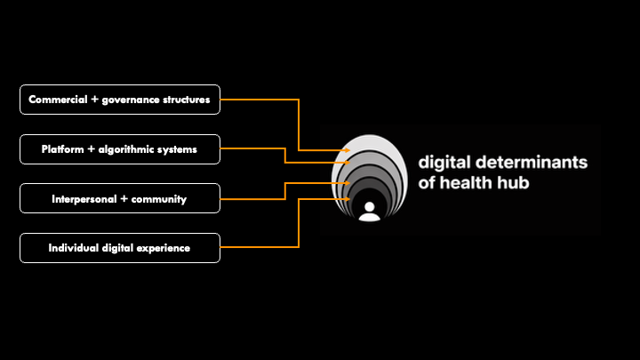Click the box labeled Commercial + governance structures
[x=119, y=100]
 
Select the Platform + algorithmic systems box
[x=119, y=149]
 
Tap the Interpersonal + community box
[x=119, y=199]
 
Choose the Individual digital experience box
[x=119, y=248]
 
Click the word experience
[x=164, y=248]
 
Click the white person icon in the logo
[x=367, y=212]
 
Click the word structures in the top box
[x=187, y=100]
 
